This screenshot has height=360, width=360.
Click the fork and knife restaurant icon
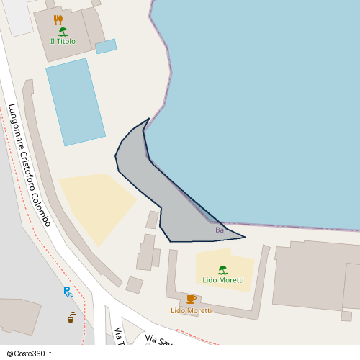(x=58, y=19)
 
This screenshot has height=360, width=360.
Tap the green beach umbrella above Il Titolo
(x=63, y=32)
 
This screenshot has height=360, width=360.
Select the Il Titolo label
(x=63, y=42)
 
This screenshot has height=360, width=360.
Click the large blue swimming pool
(x=75, y=101)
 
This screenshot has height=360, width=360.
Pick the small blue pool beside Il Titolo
(x=106, y=46)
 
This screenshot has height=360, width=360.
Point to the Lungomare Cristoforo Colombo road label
(x=29, y=165)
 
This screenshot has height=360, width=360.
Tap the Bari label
(x=222, y=230)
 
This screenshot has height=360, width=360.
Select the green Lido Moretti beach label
(x=223, y=280)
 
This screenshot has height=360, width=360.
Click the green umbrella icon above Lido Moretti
(x=223, y=270)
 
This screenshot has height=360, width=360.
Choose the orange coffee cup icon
(x=191, y=299)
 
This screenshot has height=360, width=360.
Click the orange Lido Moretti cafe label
(x=191, y=311)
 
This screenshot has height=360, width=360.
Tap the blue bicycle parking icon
(x=68, y=292)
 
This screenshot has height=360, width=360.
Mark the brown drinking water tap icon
(x=71, y=317)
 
